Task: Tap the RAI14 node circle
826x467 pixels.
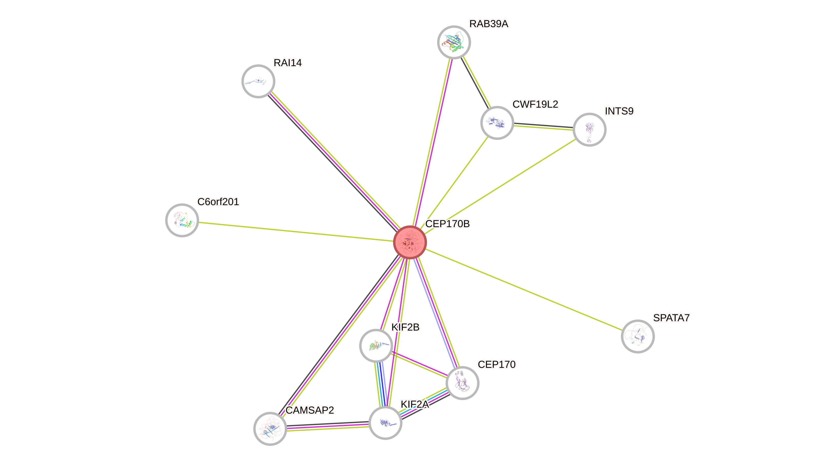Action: click(x=258, y=81)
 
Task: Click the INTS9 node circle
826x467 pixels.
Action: click(x=589, y=130)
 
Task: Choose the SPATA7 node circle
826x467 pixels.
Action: click(x=637, y=336)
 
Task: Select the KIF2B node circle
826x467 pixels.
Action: click(x=376, y=346)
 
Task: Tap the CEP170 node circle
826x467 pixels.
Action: click(x=462, y=383)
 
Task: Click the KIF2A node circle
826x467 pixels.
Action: click(x=385, y=423)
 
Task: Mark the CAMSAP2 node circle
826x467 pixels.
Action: click(x=270, y=429)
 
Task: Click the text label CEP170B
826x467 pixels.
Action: click(x=447, y=224)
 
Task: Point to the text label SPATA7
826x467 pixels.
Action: click(x=671, y=318)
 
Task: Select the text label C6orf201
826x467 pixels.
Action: click(x=218, y=201)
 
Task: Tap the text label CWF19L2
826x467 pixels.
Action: click(x=535, y=104)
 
